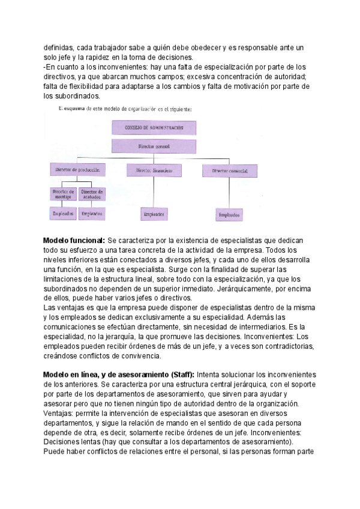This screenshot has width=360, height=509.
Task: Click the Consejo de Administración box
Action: pyautogui.click(x=153, y=127)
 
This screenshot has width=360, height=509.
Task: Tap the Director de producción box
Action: pyautogui.click(x=77, y=170)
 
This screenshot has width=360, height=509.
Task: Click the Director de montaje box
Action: pyautogui.click(x=62, y=194)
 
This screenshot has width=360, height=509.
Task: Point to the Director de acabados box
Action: pyautogui.click(x=92, y=194)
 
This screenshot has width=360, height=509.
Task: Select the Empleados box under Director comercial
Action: pyautogui.click(x=229, y=214)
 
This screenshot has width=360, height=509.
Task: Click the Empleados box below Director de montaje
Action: pyautogui.click(x=62, y=213)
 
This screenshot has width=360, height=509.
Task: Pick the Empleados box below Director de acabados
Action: pyautogui.click(x=92, y=213)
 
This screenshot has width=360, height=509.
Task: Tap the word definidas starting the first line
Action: pyautogui.click(x=58, y=48)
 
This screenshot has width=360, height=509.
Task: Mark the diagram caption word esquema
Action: pyautogui.click(x=81, y=109)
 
